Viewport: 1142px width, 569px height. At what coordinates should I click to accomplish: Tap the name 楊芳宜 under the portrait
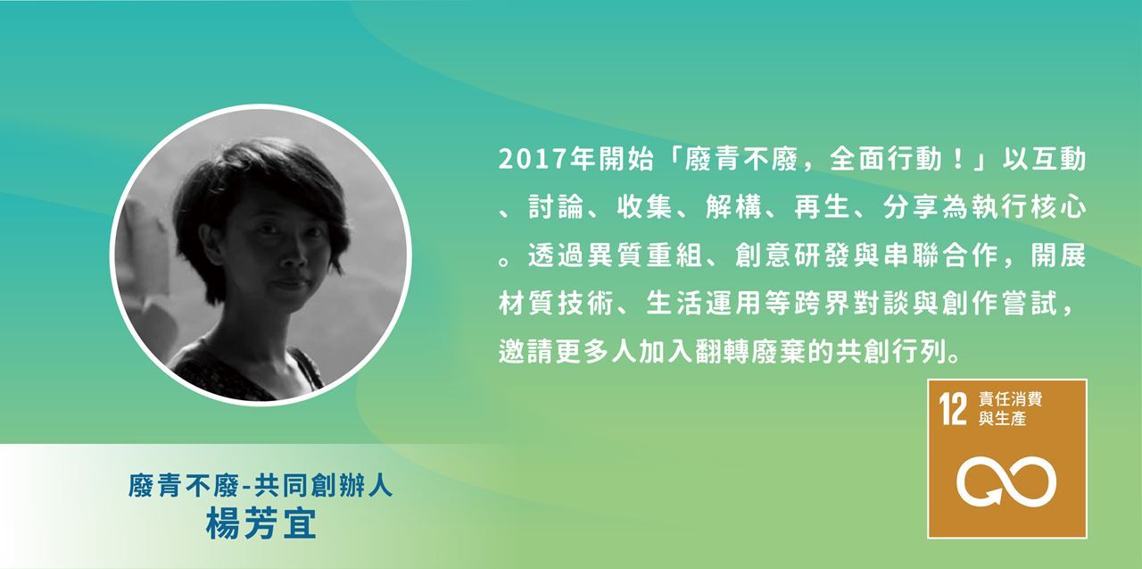click(x=261, y=523)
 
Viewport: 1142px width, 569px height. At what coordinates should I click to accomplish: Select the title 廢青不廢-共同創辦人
click(x=261, y=485)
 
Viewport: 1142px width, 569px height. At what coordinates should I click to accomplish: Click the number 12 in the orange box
click(x=953, y=409)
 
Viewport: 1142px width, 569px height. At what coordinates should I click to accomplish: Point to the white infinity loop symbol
click(x=1005, y=481)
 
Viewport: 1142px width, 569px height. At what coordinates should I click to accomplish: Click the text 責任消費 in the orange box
click(x=1010, y=399)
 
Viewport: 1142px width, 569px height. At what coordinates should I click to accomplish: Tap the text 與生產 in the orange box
click(x=1002, y=419)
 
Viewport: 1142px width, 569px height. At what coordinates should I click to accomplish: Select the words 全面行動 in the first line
click(x=886, y=159)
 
